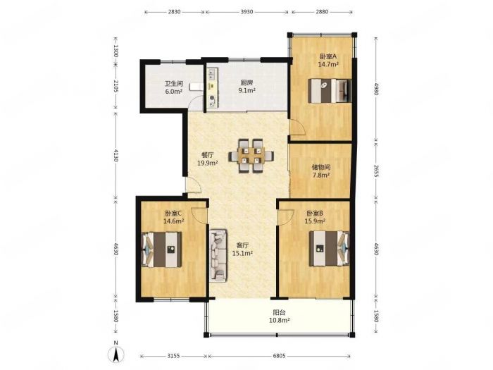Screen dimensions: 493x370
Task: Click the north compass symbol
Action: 116,353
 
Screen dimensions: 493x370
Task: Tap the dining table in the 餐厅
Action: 251,156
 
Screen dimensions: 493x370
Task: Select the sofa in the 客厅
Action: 218,255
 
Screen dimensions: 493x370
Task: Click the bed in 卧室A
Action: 330,91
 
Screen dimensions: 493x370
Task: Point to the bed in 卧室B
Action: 329,249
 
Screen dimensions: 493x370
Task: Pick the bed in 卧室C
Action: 162,249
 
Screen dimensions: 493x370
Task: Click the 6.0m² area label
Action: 174,92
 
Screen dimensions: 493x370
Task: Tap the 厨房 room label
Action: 246,83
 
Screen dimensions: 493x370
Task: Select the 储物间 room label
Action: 321,168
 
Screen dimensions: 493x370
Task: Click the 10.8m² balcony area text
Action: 279,320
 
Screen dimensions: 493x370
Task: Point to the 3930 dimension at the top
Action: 246,12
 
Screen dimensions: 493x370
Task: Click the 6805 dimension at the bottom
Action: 279,356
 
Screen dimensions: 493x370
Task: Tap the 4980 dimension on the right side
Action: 375,89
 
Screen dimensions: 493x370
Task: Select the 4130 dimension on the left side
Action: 116,156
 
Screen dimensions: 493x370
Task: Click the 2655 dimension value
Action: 375,170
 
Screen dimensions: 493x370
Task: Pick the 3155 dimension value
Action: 173,356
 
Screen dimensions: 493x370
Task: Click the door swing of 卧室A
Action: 297,128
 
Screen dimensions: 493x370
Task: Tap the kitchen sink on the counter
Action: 211,74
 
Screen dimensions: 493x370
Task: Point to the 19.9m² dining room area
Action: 208,163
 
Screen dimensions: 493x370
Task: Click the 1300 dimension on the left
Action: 116,51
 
